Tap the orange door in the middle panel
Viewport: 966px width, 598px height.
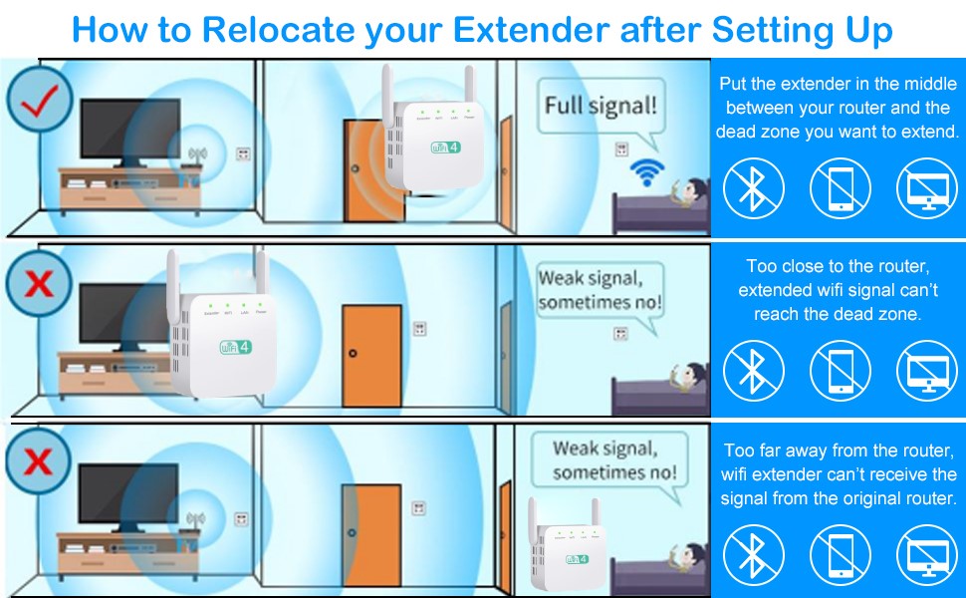pyautogui.click(x=370, y=354)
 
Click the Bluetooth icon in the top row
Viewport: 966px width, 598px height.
pyautogui.click(x=754, y=189)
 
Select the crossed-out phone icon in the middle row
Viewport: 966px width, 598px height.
pyautogui.click(x=840, y=368)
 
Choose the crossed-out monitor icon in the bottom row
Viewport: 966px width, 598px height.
pyautogui.click(x=927, y=554)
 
